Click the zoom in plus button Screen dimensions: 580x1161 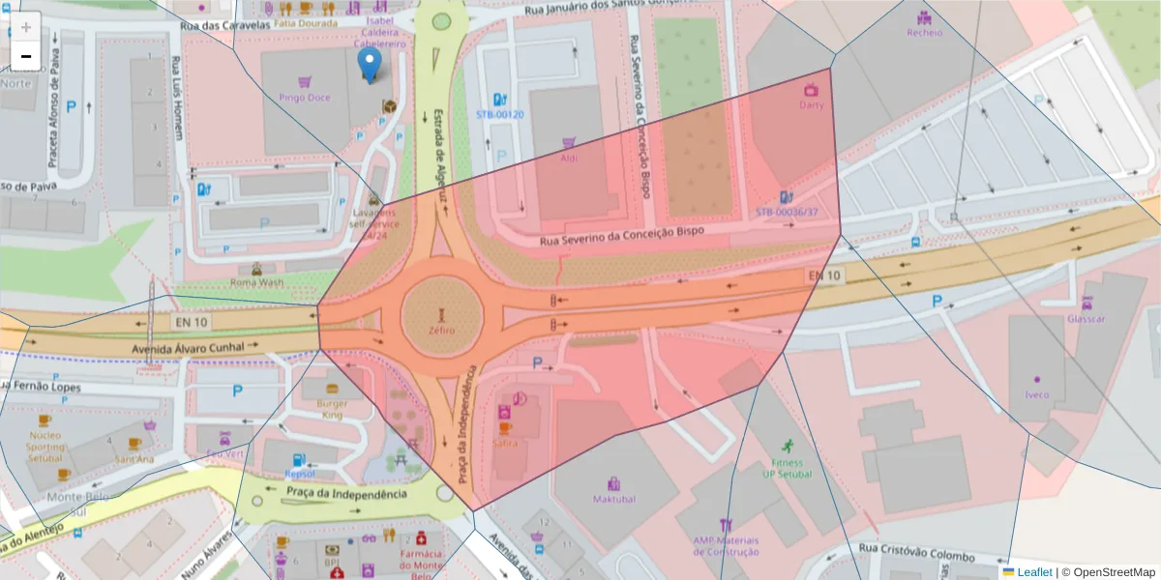(x=26, y=27)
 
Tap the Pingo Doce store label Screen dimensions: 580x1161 (x=305, y=98)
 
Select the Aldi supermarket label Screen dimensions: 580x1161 (x=569, y=158)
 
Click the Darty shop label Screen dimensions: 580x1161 (x=812, y=105)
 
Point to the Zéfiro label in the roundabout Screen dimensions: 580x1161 (x=441, y=331)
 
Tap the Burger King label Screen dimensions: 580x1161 (x=333, y=409)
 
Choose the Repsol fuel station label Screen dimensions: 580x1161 (x=300, y=474)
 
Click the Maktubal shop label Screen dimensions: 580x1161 (x=614, y=499)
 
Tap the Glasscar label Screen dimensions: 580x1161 (x=1086, y=318)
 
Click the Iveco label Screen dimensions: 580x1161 (x=1037, y=394)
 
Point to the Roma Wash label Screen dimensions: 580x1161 (x=257, y=282)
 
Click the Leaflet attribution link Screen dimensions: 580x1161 (x=1033, y=572)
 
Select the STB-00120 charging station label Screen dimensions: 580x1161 (x=499, y=114)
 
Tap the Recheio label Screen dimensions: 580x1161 (x=924, y=32)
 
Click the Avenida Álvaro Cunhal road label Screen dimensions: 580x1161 (x=184, y=345)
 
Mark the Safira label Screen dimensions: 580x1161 (x=504, y=443)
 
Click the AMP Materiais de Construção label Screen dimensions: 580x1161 (x=726, y=546)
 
